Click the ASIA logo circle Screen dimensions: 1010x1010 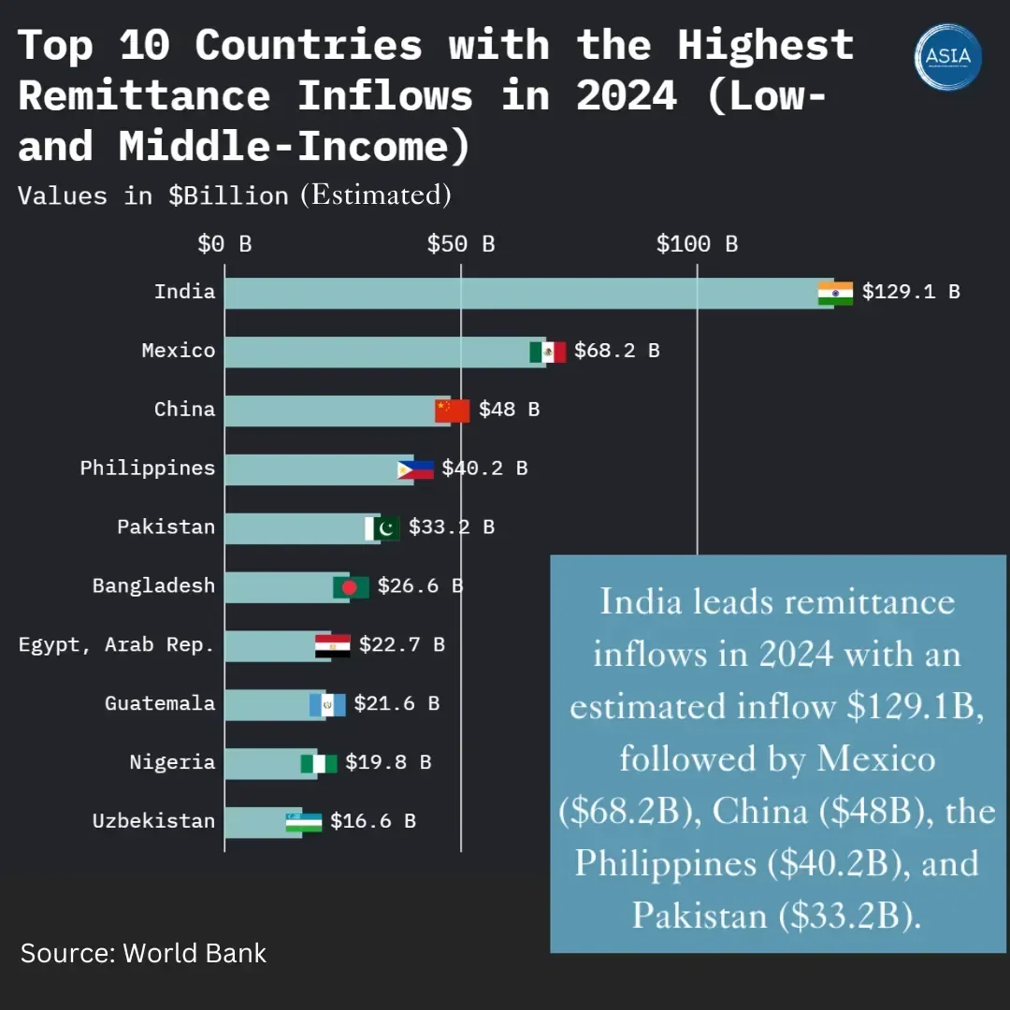point(948,57)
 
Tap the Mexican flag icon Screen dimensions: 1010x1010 point(547,352)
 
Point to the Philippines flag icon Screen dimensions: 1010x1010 point(415,469)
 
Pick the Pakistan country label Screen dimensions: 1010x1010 point(166,527)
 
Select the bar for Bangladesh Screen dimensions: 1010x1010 point(281,587)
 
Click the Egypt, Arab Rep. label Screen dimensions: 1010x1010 point(117,644)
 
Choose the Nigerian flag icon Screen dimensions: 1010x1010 point(318,763)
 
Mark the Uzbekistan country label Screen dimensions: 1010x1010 point(153,821)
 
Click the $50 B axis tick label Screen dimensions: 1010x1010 point(461,245)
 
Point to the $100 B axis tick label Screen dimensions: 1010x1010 point(697,245)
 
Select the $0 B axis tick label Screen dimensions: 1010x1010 point(224,245)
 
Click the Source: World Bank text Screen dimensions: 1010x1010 point(143,953)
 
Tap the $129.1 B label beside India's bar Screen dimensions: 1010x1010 point(911,292)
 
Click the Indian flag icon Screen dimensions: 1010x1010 point(835,294)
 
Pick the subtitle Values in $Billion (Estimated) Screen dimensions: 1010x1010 point(235,195)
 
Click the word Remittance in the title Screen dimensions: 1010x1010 point(144,95)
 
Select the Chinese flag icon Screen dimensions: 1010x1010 point(453,411)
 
